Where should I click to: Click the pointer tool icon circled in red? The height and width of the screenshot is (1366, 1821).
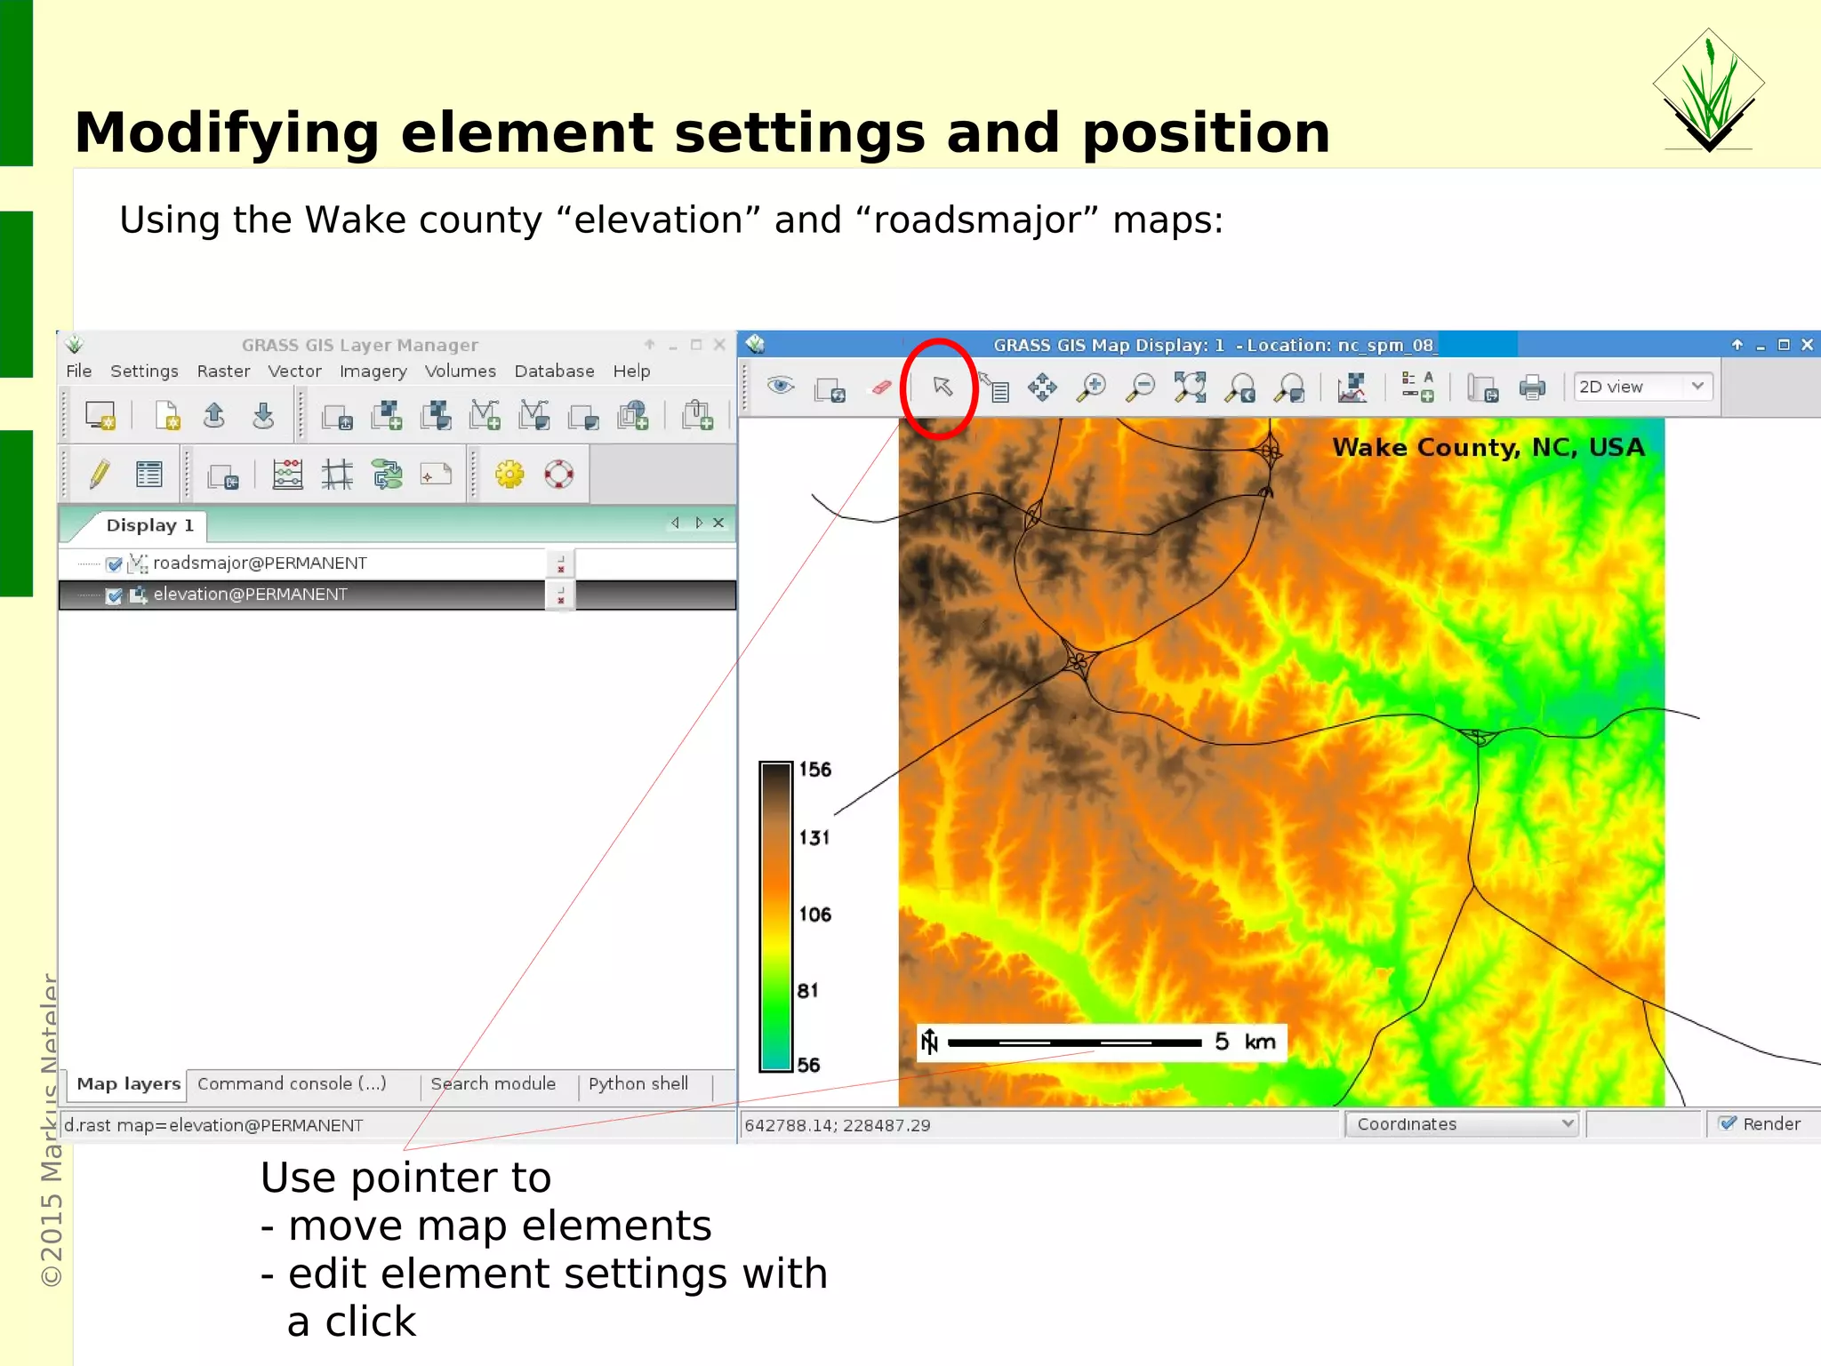942,387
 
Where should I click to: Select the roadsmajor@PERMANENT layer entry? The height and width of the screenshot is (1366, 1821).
259,563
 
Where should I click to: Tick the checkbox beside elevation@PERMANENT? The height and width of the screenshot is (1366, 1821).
114,595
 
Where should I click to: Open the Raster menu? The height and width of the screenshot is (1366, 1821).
222,371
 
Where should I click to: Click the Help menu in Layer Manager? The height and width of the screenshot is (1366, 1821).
630,371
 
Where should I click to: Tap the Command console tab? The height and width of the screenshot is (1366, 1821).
292,1084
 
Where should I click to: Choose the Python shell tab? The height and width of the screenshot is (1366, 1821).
638,1084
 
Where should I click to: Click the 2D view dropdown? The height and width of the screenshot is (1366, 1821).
1641,387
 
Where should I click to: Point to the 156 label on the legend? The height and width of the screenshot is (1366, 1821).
814,770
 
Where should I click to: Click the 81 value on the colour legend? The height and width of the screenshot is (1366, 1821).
807,991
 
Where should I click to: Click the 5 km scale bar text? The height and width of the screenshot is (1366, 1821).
1245,1042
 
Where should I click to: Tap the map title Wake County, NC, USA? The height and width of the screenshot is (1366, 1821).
1488,448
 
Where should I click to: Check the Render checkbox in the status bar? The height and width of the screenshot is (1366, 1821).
1728,1124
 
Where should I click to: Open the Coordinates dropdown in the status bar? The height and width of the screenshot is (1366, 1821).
1461,1124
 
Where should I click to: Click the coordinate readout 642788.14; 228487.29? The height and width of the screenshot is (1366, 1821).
837,1126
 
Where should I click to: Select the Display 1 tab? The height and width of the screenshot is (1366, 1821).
149,525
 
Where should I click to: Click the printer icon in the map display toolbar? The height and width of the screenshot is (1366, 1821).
1532,387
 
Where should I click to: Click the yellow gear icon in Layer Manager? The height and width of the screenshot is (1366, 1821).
509,475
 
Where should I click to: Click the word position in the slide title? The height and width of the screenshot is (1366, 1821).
1205,133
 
